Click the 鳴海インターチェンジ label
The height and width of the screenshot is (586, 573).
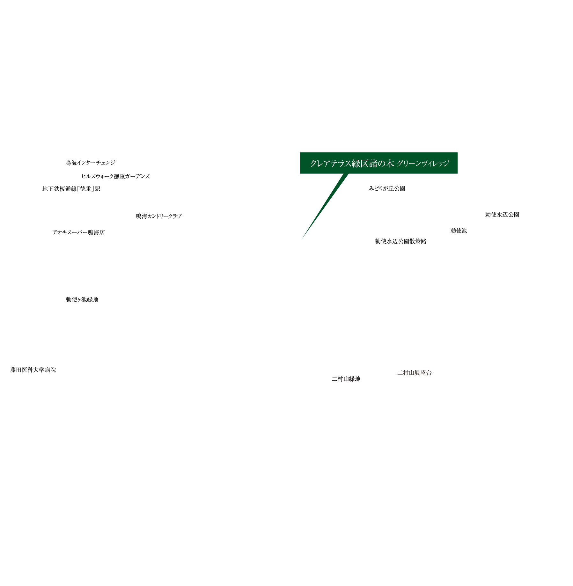pos(90,163)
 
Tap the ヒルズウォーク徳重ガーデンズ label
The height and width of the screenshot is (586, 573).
pos(116,176)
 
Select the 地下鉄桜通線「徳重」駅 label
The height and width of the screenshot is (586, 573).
pos(71,189)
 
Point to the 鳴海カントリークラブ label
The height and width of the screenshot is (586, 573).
pos(159,216)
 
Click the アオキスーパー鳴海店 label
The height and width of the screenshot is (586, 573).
pos(79,232)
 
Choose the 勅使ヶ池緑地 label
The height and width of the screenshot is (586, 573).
pos(82,300)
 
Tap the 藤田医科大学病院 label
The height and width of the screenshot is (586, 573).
pos(33,370)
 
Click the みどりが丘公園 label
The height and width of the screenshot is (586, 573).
pos(387,188)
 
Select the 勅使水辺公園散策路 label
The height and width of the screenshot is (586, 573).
pos(401,241)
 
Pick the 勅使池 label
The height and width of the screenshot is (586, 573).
pos(459,231)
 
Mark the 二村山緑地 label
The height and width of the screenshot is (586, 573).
pos(347,379)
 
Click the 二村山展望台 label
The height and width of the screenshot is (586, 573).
pos(415,372)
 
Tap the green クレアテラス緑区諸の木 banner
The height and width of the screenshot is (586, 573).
pos(378,163)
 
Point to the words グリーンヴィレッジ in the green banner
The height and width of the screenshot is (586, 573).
pos(423,164)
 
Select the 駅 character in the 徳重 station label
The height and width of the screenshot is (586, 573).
pos(98,189)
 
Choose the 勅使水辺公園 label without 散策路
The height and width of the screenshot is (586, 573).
pos(502,215)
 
